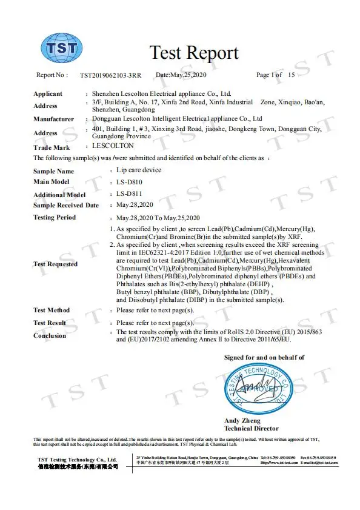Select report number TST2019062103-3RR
111,75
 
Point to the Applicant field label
48,94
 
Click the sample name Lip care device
139,170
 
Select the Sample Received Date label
66,206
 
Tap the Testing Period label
55,217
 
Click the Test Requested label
56,264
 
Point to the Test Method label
52,310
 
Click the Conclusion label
50,335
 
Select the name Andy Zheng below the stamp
242,421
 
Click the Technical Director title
252,428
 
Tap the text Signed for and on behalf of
264,358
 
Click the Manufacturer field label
54,119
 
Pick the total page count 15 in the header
292,75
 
